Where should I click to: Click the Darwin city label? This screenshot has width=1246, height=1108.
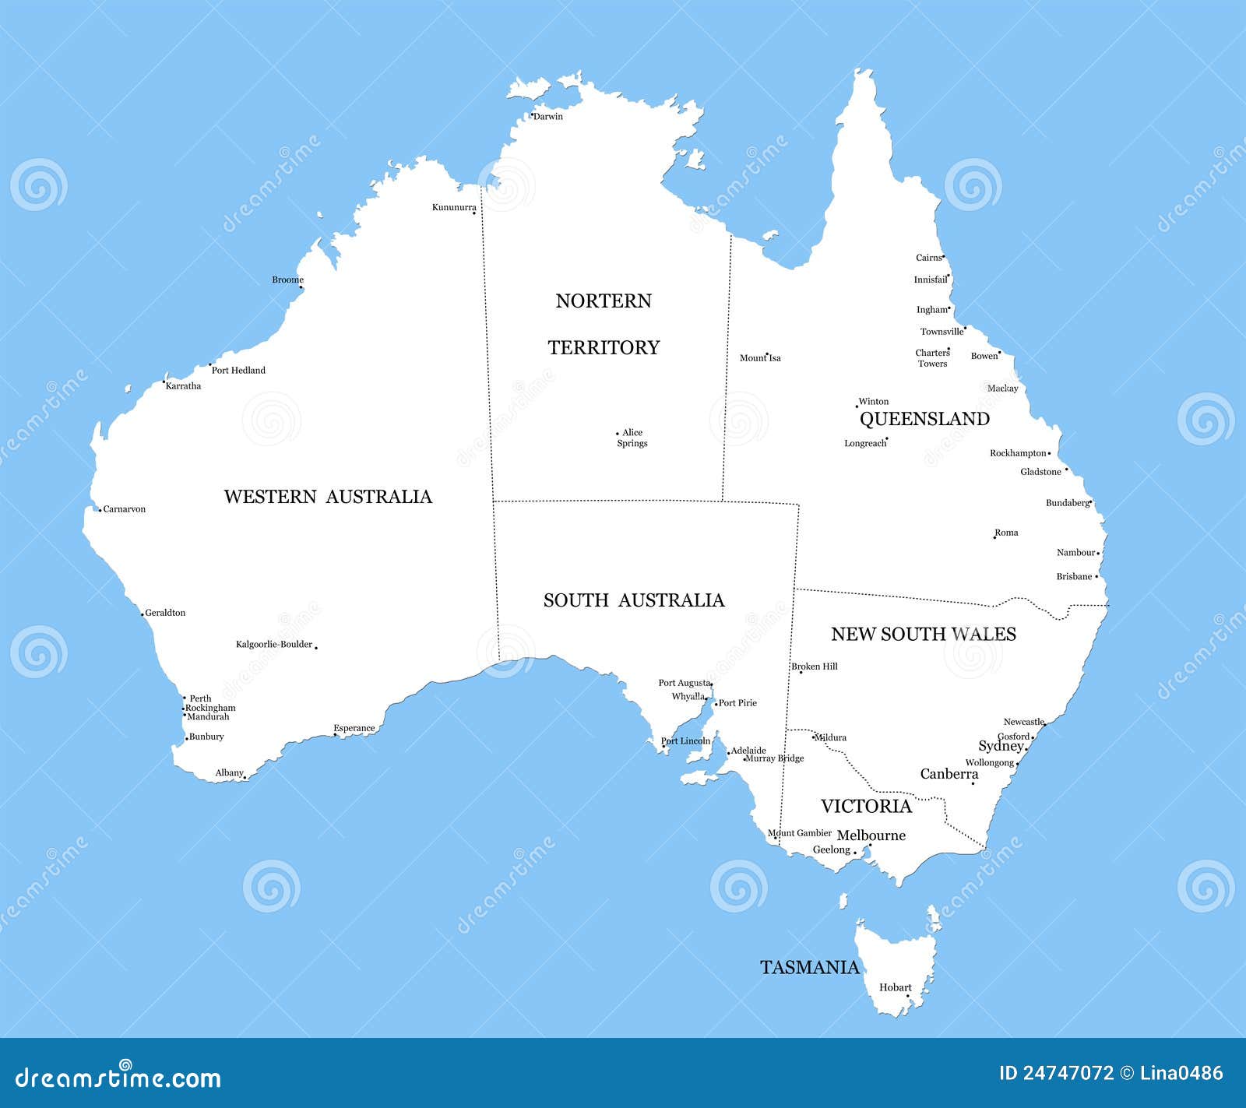click(x=548, y=117)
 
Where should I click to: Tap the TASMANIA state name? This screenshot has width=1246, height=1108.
click(x=810, y=968)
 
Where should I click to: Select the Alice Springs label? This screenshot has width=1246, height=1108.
click(x=632, y=438)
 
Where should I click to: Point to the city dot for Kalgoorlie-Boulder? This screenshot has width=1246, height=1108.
click(x=316, y=647)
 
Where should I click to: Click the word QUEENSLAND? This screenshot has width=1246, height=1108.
click(x=924, y=419)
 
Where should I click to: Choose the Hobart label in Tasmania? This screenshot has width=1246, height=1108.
click(x=895, y=987)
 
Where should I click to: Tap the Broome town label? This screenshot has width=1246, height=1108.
click(x=287, y=280)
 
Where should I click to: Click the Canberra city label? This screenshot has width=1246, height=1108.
click(x=949, y=774)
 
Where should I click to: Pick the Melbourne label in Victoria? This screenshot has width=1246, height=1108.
click(x=871, y=835)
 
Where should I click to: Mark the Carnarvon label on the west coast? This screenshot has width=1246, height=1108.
click(x=125, y=509)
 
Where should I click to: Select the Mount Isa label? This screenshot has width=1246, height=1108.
click(x=760, y=358)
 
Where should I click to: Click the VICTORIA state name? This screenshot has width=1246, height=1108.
click(x=866, y=806)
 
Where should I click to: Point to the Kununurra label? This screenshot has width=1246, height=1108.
click(x=454, y=207)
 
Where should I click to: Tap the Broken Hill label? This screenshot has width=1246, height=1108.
click(x=815, y=667)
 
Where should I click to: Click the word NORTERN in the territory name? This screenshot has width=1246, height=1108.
click(x=604, y=301)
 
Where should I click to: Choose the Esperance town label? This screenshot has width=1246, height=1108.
click(x=354, y=729)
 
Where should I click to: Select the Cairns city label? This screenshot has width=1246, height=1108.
click(x=928, y=258)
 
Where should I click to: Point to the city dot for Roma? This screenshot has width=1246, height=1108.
click(x=994, y=537)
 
